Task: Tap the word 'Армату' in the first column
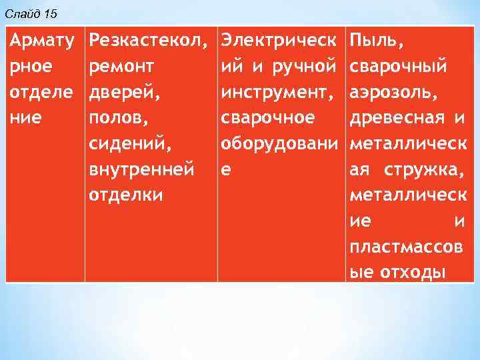click(x=41, y=41)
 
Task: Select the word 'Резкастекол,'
click(x=145, y=41)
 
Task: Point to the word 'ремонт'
click(x=122, y=67)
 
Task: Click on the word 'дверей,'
click(x=125, y=93)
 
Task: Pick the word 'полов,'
click(x=117, y=119)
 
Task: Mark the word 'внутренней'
click(x=142, y=170)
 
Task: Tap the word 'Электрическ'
click(x=279, y=41)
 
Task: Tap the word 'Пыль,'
click(x=377, y=41)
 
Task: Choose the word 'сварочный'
click(x=398, y=67)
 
